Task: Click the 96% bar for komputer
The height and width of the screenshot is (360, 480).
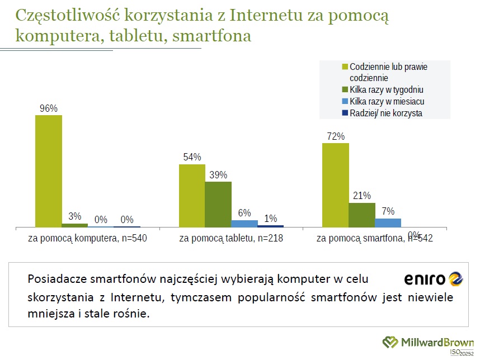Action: click(x=49, y=170)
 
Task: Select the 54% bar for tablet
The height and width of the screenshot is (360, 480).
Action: click(x=192, y=196)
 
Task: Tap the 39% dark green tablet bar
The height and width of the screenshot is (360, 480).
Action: click(x=218, y=204)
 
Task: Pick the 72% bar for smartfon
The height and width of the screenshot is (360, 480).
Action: click(x=336, y=185)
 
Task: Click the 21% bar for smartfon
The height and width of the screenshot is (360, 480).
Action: click(x=362, y=215)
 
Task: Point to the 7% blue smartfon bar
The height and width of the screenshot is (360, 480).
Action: click(x=388, y=222)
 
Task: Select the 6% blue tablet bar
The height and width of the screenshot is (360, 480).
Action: click(x=244, y=224)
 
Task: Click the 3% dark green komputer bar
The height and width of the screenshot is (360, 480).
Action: click(x=75, y=225)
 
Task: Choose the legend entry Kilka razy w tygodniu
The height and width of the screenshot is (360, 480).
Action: click(x=385, y=89)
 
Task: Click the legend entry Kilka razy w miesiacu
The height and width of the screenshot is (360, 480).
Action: click(x=385, y=101)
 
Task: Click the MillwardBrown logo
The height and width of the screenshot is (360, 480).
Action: click(x=428, y=342)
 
